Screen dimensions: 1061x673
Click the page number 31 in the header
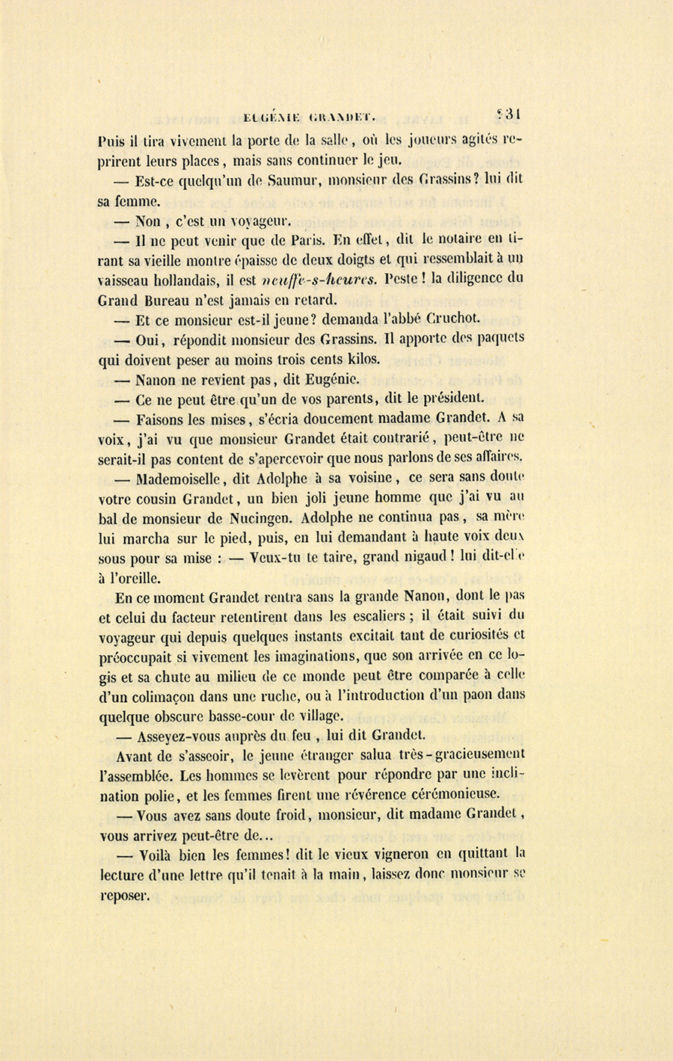510,114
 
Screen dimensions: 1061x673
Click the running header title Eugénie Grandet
309,117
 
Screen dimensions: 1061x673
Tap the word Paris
307,240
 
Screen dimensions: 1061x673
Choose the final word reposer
124,896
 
